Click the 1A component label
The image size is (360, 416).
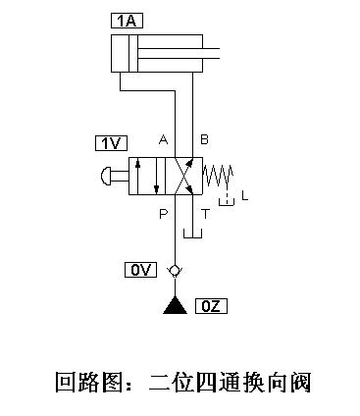(128, 21)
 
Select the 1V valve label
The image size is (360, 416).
(110, 143)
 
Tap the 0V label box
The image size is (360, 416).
(140, 269)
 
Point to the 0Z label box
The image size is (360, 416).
(211, 306)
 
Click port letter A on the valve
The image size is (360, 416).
(164, 139)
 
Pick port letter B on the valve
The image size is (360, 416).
(204, 139)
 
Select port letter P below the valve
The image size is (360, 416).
(163, 211)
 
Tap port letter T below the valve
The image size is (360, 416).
(205, 212)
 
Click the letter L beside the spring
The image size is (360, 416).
(245, 195)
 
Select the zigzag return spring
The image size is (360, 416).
(219, 176)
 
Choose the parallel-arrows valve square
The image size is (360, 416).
(149, 177)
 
